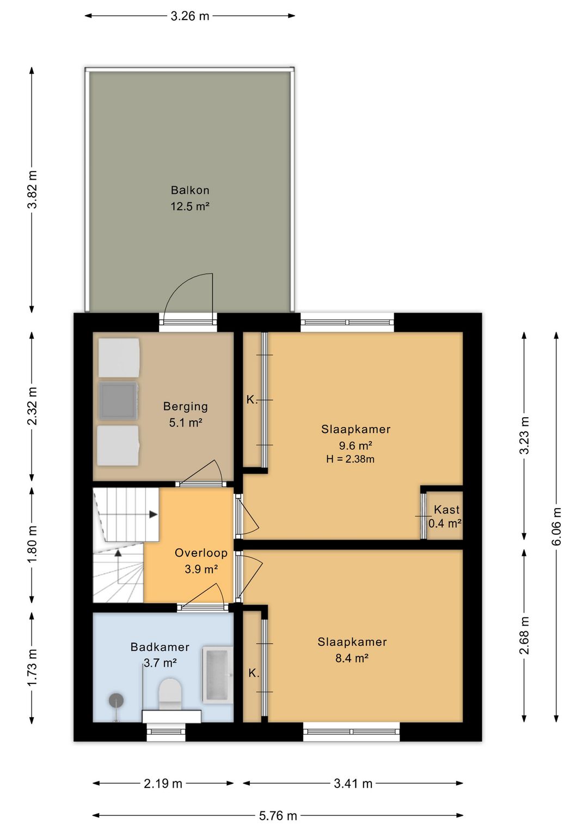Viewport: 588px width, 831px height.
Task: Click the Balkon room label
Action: tap(190, 190)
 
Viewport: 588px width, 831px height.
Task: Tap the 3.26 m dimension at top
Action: tap(190, 16)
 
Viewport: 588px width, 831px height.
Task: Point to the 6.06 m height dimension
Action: tap(556, 527)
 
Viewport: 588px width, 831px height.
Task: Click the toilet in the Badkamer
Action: tap(170, 692)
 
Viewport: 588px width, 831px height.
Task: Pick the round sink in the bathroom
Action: tap(116, 700)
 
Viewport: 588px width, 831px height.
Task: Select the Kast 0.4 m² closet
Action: tap(444, 515)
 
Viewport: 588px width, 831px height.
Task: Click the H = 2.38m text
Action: tap(350, 459)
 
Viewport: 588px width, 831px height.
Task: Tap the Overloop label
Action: tap(201, 553)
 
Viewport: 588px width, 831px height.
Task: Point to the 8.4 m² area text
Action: tap(352, 658)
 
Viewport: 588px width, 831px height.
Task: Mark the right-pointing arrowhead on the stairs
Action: tap(154, 515)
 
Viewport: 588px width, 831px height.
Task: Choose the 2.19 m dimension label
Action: tap(163, 784)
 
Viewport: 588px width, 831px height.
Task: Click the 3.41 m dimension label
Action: tap(353, 784)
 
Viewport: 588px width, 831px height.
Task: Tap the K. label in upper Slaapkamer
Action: tap(252, 400)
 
